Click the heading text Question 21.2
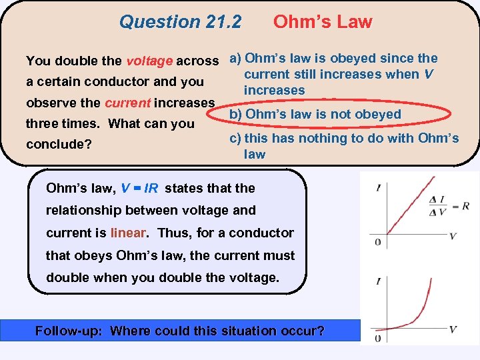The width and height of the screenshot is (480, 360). click(180, 22)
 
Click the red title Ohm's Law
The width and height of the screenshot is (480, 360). click(323, 22)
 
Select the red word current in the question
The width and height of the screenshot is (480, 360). click(127, 103)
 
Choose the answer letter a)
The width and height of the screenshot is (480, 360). click(236, 59)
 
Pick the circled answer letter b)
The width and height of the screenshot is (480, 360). click(236, 114)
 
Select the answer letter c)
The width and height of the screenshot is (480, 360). click(235, 139)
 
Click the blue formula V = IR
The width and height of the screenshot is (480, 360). click(139, 188)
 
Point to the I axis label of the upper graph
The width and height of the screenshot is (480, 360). click(378, 189)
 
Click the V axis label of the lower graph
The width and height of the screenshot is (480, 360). click(453, 329)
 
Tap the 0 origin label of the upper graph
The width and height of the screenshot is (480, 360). click(377, 242)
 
